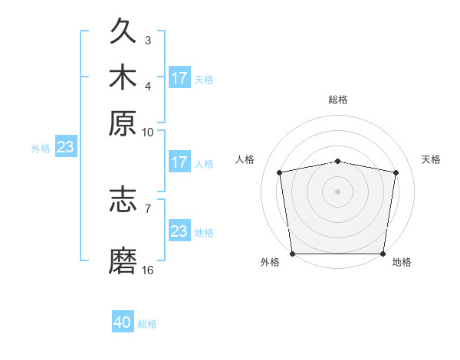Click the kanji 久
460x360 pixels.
click(x=123, y=32)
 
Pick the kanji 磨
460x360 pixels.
click(x=123, y=260)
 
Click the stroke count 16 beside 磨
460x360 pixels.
click(x=148, y=270)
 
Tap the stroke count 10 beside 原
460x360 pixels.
click(x=148, y=132)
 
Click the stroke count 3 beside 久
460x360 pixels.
click(x=148, y=40)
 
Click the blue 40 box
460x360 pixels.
click(x=123, y=322)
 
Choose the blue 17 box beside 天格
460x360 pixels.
click(x=179, y=78)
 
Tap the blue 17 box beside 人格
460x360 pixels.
click(x=179, y=162)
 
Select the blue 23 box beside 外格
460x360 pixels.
click(x=65, y=148)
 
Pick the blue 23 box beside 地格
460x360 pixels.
click(x=179, y=231)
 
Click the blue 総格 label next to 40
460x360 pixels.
click(x=147, y=323)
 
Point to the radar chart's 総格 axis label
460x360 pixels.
click(x=338, y=100)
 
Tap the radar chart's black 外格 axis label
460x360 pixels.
click(x=270, y=262)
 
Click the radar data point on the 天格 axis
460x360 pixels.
click(x=396, y=172)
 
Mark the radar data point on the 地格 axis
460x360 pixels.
click(x=383, y=254)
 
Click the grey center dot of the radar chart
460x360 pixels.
click(x=338, y=191)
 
